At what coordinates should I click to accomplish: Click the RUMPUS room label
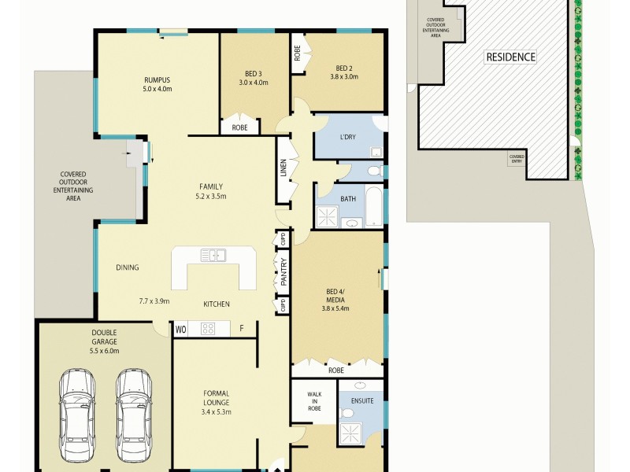tap(157, 80)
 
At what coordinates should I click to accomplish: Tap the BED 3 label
tap(254, 74)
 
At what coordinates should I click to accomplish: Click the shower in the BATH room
tap(326, 217)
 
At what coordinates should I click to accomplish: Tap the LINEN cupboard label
tap(283, 168)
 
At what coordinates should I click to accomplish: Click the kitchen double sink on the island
tap(213, 255)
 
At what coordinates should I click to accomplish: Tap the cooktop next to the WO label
tap(208, 330)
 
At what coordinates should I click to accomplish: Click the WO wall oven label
tap(181, 330)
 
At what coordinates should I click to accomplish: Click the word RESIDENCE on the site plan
tap(510, 57)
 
